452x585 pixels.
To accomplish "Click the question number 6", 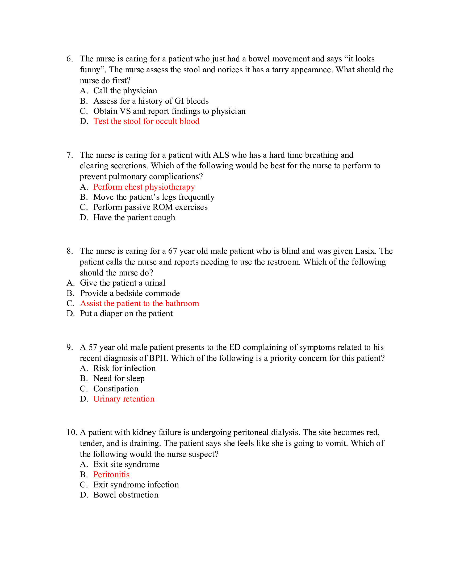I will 69,59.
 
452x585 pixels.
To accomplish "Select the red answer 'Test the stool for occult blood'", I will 146,121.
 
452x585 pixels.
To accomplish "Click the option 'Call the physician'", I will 125,91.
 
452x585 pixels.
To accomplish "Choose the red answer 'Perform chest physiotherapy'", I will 144,187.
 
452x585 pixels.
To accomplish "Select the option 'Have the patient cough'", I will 134,218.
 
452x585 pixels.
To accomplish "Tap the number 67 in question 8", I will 173,251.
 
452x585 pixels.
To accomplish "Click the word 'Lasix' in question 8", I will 366,251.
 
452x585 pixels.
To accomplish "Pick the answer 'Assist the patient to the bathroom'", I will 140,303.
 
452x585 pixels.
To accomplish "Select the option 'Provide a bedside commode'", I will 130,293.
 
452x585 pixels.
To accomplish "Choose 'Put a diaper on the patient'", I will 126,314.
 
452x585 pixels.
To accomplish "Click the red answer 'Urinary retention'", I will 124,399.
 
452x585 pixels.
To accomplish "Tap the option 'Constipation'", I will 116,389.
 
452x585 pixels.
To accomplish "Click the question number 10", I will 72,432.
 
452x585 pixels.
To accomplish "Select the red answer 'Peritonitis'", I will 111,475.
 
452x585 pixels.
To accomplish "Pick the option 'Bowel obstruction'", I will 126,495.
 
